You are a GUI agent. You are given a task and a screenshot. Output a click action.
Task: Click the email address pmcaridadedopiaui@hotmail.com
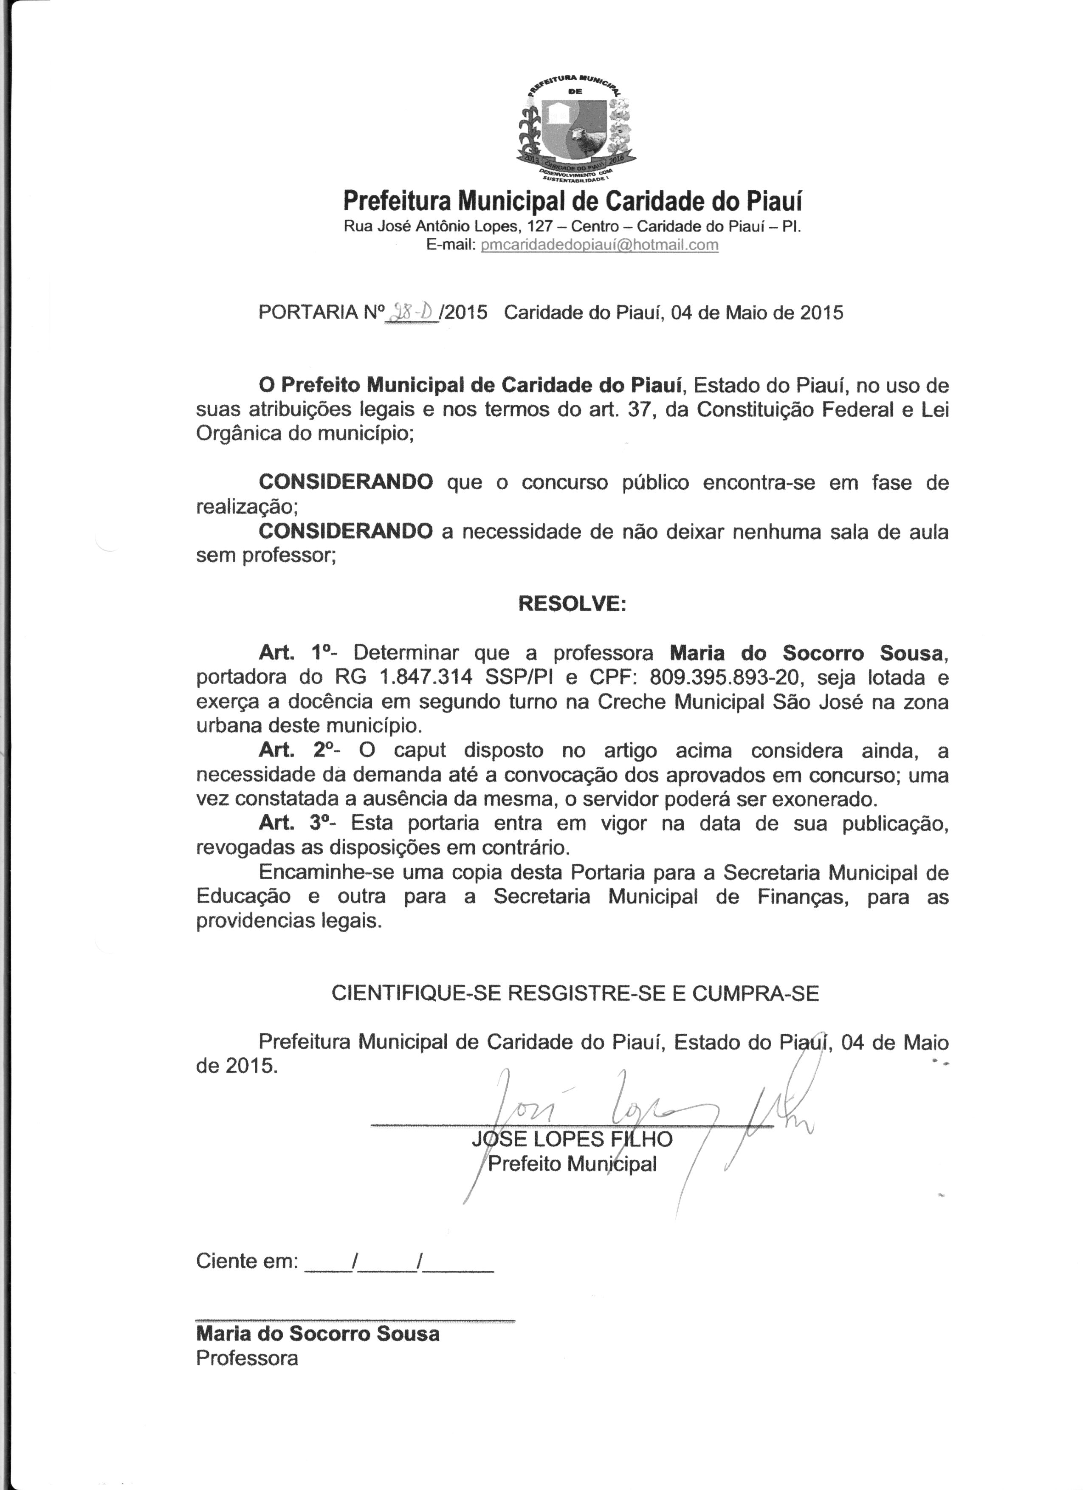tap(600, 245)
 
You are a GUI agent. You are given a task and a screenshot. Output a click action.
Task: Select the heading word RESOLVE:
tap(572, 603)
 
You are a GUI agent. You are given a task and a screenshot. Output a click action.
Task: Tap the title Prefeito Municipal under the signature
tap(572, 1164)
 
